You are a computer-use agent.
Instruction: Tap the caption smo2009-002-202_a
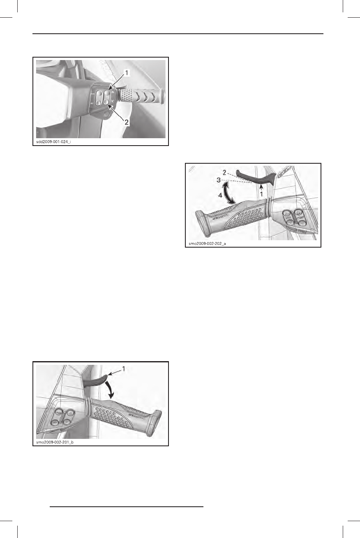pyautogui.click(x=207, y=243)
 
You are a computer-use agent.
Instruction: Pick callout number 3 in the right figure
pyautogui.click(x=221, y=180)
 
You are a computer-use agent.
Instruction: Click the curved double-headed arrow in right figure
pyautogui.click(x=227, y=193)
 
